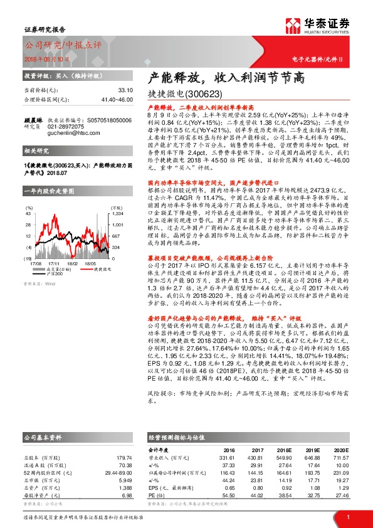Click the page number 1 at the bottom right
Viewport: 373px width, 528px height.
point(348,517)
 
